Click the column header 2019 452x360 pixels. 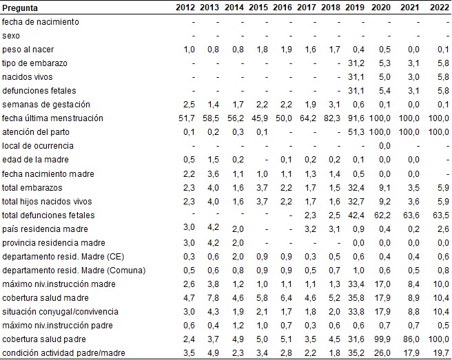357,8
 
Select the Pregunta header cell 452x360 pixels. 20,8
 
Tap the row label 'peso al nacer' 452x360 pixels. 27,49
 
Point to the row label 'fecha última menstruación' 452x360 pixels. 52,118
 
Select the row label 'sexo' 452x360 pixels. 12,35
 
